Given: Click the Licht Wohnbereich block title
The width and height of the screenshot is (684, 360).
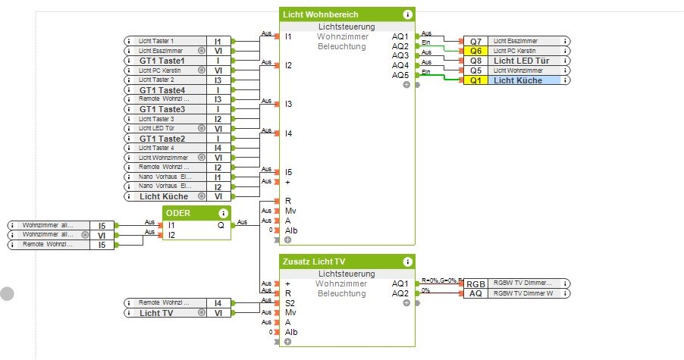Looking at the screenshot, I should click(x=320, y=14).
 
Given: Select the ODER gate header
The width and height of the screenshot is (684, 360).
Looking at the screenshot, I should click(x=178, y=213).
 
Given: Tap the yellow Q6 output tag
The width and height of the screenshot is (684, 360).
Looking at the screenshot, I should click(x=475, y=51).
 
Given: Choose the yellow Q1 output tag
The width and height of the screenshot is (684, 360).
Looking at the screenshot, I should click(x=475, y=80).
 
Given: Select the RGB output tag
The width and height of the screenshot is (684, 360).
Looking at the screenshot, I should click(x=475, y=283).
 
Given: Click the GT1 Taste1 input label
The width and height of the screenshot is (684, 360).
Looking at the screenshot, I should click(x=162, y=61).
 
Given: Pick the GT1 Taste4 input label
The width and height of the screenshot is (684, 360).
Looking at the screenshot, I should click(x=162, y=90).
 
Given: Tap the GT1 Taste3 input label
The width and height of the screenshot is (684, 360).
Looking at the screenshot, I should click(x=162, y=110).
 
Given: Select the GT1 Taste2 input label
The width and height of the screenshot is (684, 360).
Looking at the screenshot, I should click(x=162, y=139).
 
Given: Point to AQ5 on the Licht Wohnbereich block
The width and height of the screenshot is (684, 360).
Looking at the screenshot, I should click(x=400, y=75).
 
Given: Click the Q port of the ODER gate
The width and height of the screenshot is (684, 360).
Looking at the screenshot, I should click(x=221, y=225).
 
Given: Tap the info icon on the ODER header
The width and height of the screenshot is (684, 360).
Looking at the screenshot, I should click(x=224, y=213).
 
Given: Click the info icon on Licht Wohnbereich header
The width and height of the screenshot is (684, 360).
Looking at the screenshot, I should click(x=408, y=14).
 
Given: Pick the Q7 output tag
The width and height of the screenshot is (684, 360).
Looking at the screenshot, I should click(x=475, y=41).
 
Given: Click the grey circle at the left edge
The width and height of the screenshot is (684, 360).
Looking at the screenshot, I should click(x=8, y=294).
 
